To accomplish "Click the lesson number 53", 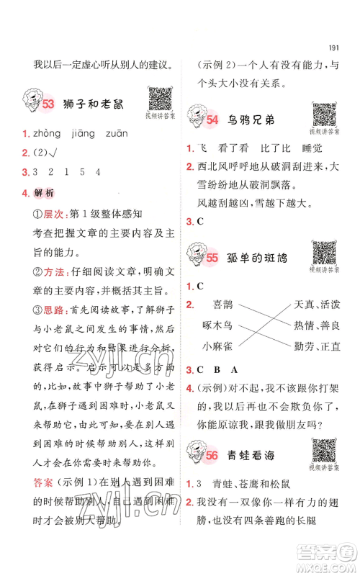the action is click(49, 105).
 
